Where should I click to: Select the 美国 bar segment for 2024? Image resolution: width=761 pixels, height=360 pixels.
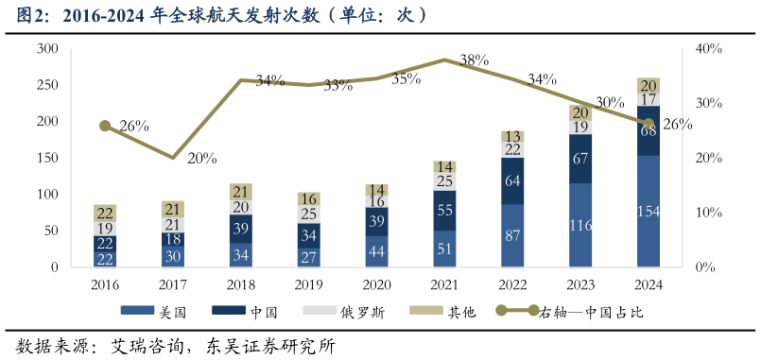coord(649,211)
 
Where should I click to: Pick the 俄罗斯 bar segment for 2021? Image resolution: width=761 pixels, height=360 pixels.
coord(444,181)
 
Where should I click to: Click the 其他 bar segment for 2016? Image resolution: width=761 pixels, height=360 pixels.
coord(105,213)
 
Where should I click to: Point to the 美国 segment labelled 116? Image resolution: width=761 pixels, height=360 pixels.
coord(580,226)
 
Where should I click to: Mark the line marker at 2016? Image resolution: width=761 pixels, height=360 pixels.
coord(105,126)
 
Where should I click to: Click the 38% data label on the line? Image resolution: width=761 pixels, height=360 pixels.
coord(474,60)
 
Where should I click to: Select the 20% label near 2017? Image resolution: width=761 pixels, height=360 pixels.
coord(201,159)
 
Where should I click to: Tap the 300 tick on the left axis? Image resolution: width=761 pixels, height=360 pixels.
coord(47,48)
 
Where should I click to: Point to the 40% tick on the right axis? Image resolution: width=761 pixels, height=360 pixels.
coord(709,48)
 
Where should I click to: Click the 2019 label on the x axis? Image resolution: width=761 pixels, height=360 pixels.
coord(308,283)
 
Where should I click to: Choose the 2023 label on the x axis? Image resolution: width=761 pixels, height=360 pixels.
coord(580,283)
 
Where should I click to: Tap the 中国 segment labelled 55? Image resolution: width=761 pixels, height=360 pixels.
coord(444,211)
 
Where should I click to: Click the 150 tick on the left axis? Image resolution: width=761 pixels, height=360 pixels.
coord(47,158)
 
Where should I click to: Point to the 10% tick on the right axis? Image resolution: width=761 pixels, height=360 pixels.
coord(709,213)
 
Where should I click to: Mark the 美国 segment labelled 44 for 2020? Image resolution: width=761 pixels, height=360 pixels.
coord(376,251)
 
